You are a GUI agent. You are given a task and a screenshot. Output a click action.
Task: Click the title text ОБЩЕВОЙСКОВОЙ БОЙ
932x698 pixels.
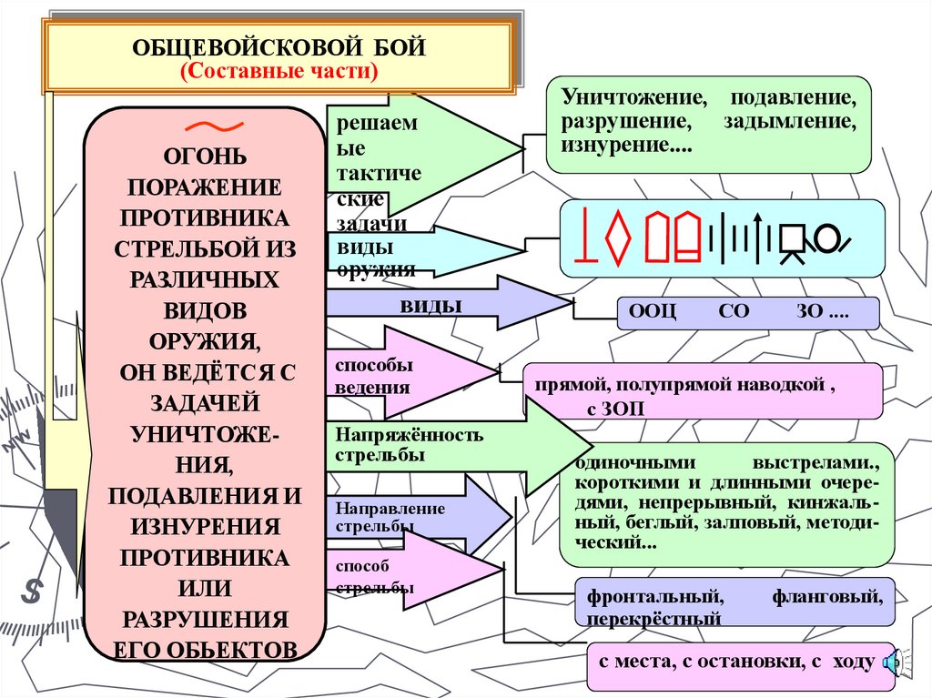pos(279,48)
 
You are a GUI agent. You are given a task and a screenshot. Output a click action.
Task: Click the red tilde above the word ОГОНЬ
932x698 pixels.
pos(204,126)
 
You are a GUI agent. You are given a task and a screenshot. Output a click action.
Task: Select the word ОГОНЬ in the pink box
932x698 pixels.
pos(204,157)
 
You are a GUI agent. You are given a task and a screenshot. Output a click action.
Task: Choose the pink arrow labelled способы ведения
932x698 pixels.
pos(410,374)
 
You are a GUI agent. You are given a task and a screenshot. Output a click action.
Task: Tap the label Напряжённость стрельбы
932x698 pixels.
pos(409,444)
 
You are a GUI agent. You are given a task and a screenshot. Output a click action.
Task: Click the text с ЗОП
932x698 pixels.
pos(615,410)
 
